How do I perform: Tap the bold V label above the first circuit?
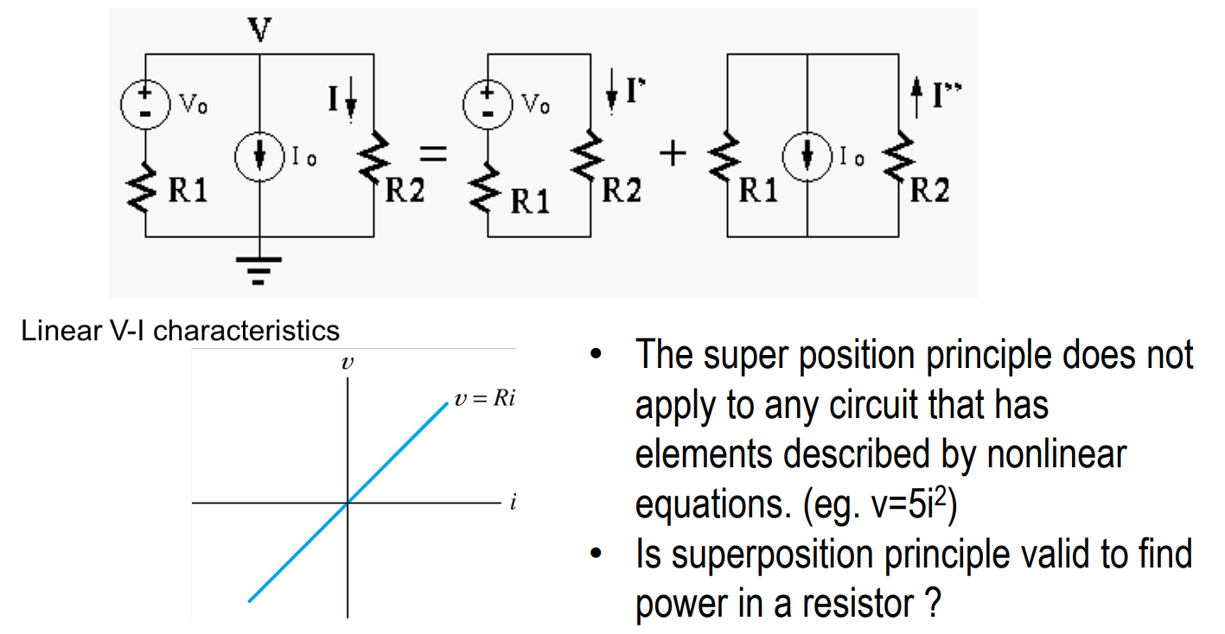258,30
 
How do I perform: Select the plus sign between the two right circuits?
672,155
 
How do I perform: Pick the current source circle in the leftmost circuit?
259,157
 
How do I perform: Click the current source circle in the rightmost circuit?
807,156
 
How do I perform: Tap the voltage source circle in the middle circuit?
488,104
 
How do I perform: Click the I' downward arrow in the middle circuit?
611,98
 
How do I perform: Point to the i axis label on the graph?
512,504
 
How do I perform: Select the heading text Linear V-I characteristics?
181,330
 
